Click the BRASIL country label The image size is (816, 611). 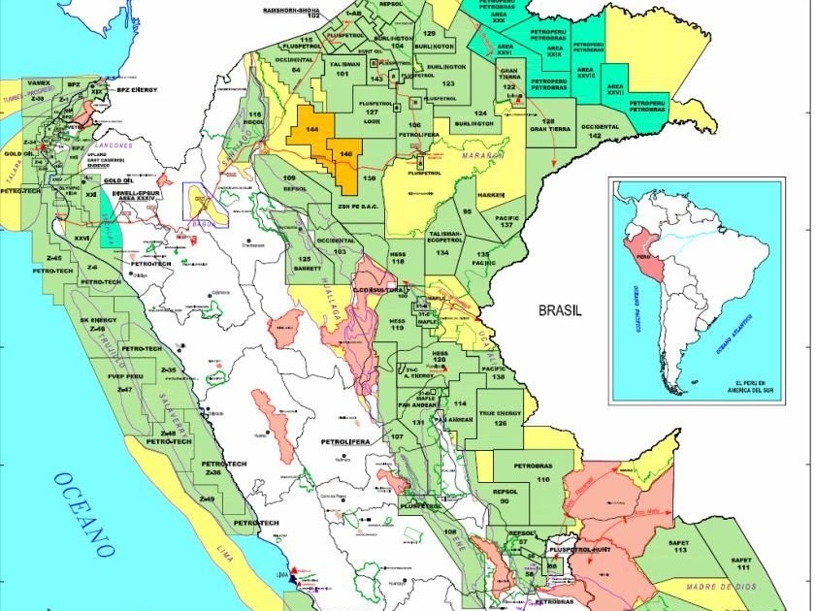point(559,310)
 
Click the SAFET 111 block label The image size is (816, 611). point(742,563)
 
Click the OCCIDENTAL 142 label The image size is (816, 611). point(600,131)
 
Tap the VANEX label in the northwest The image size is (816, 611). point(40,83)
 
